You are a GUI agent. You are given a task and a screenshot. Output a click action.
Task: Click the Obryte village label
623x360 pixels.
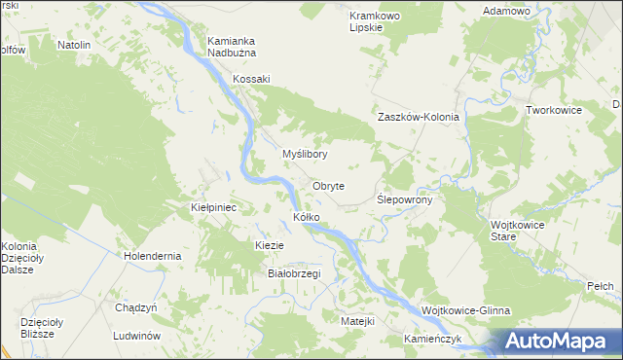(x=328, y=186)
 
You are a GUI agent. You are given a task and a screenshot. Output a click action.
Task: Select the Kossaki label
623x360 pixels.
(x=250, y=79)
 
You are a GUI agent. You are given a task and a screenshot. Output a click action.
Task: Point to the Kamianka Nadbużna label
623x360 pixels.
(x=231, y=47)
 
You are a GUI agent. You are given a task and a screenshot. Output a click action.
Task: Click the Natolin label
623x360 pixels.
(x=74, y=45)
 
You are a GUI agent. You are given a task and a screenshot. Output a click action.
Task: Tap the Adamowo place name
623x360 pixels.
(x=506, y=11)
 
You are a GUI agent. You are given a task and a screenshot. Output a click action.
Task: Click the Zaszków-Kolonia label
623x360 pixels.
(x=418, y=117)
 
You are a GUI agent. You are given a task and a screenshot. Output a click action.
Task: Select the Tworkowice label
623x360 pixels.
(x=553, y=110)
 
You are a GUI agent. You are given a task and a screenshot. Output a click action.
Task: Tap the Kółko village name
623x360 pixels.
(x=307, y=216)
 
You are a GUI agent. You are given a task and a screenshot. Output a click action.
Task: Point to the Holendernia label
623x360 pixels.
(x=153, y=256)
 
